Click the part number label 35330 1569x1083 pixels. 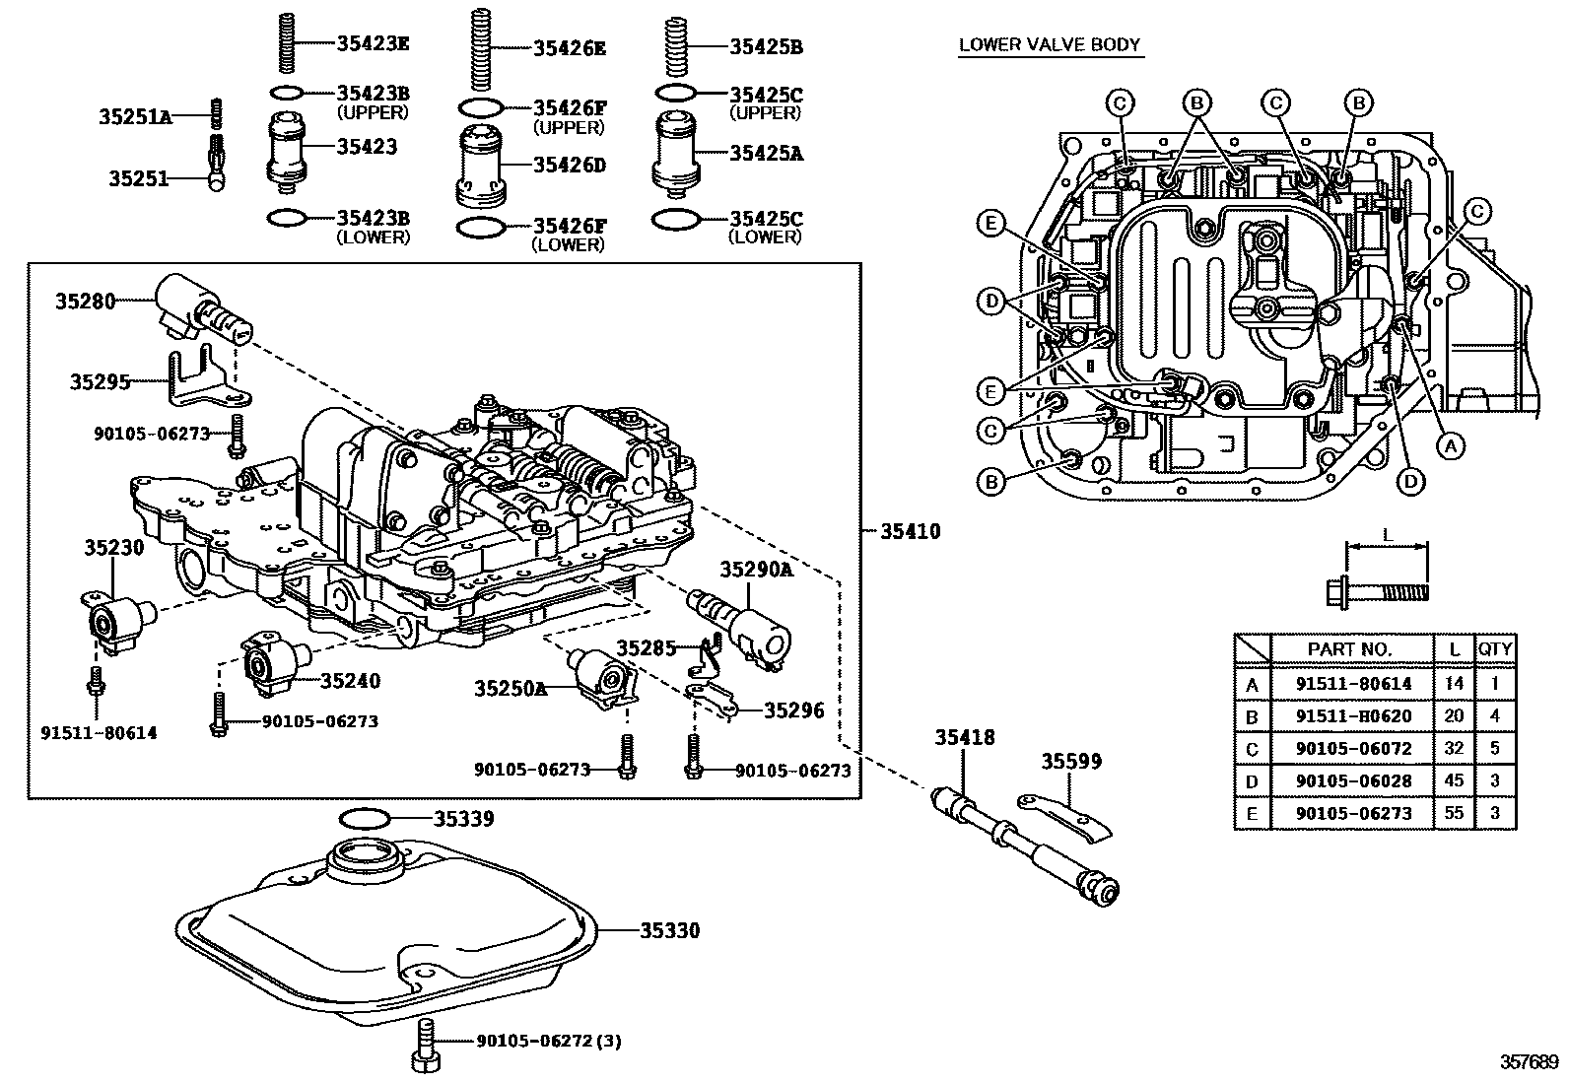coord(669,930)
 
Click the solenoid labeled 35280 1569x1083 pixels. coord(202,305)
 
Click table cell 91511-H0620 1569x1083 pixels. coord(1352,715)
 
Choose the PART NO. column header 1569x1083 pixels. coord(1349,648)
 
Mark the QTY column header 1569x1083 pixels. coord(1494,648)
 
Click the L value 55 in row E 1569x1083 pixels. coord(1454,813)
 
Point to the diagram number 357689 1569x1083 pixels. coord(1530,1062)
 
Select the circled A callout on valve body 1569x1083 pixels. coord(1448,445)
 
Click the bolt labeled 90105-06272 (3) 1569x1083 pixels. coord(425,1044)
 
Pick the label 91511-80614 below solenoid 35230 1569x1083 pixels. coord(98,732)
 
